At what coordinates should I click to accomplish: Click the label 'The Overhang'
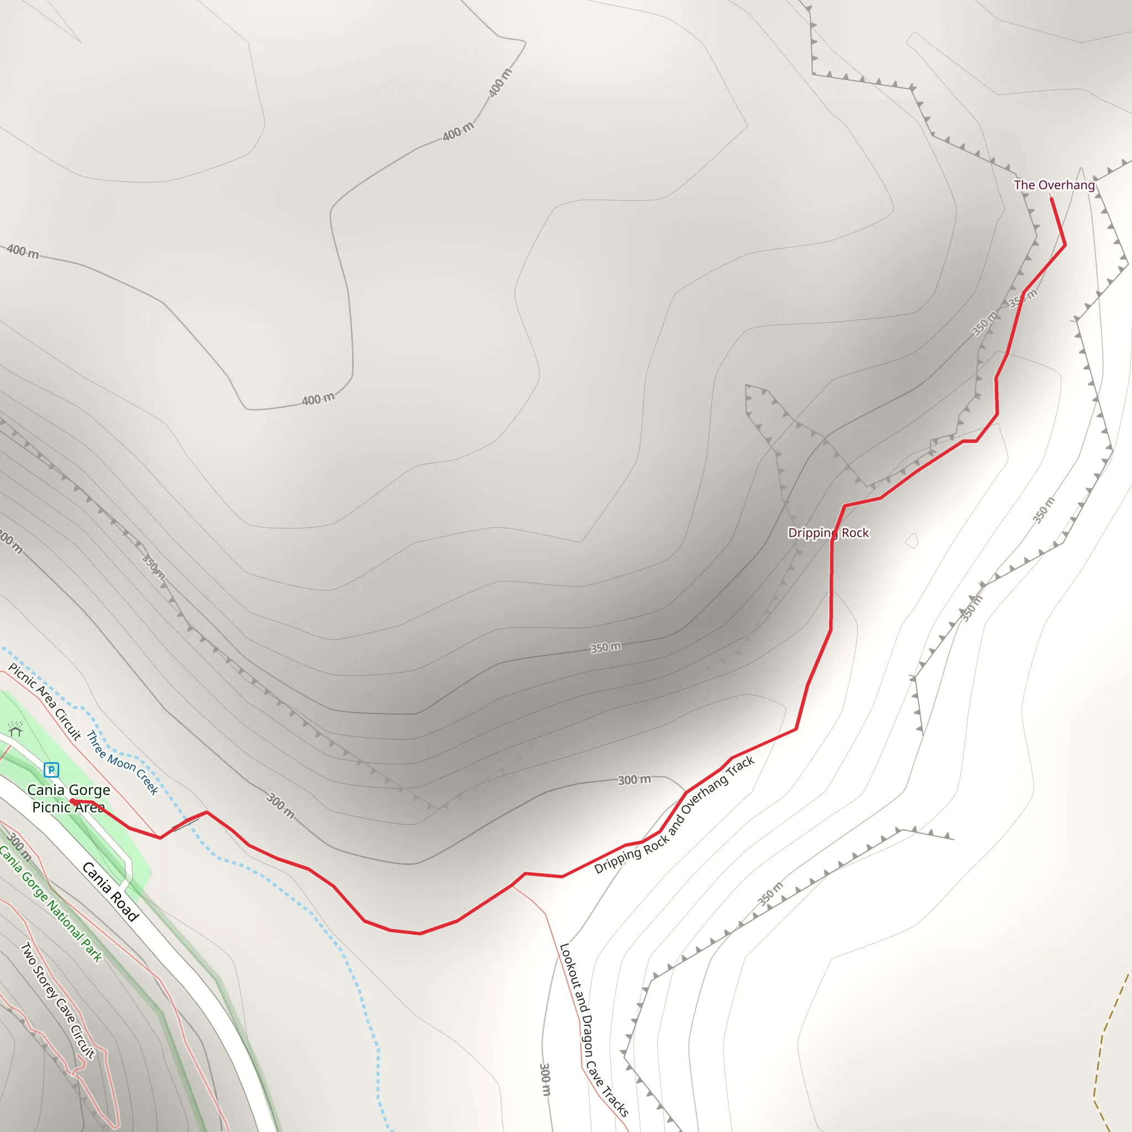[1054, 185]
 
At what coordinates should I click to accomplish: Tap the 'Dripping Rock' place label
[828, 533]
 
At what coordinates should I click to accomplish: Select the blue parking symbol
[51, 769]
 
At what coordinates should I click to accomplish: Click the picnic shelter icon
[16, 730]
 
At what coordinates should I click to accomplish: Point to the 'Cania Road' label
[110, 892]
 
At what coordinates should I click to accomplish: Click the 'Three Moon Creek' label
[122, 762]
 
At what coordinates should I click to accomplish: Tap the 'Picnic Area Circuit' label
[45, 701]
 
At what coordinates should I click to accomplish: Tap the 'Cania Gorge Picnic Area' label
[69, 798]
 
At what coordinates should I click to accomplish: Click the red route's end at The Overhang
[1052, 199]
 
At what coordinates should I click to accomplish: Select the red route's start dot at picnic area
[72, 801]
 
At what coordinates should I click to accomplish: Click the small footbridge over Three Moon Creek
[186, 824]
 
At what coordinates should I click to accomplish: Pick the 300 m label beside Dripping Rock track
[634, 780]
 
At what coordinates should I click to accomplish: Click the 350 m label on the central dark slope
[605, 647]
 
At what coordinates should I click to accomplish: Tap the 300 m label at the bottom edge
[545, 1079]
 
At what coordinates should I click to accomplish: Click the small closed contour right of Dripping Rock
[911, 540]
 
